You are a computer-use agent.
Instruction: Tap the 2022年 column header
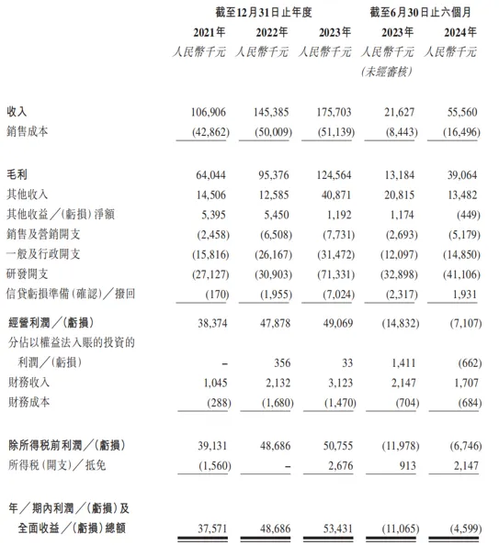(268, 34)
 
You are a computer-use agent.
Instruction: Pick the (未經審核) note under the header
(388, 72)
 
